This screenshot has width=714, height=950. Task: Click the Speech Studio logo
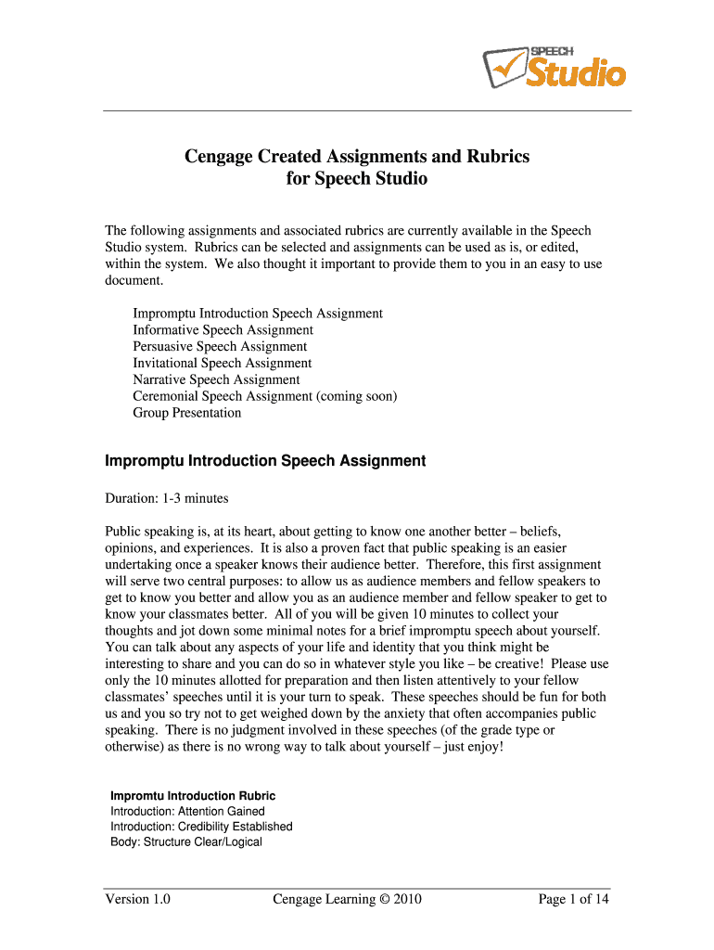pos(554,66)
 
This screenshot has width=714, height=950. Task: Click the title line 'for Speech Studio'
pos(357,178)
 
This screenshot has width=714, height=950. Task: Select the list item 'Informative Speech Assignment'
pos(223,330)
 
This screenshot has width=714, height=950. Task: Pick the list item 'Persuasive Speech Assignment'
pos(220,347)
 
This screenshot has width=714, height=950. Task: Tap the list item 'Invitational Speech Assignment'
pos(222,364)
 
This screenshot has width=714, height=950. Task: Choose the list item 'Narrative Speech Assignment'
pos(216,380)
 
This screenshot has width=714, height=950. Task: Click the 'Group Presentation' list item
pos(186,414)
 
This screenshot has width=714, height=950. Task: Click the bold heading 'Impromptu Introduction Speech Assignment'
pos(265,461)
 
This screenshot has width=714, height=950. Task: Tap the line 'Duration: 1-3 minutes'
pos(166,499)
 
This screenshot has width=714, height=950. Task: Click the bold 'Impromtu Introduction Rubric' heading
pos(193,796)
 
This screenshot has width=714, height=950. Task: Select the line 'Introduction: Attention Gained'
pos(187,812)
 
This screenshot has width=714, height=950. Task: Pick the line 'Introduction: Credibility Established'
pos(201,827)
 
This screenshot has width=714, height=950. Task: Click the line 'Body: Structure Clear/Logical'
pos(185,842)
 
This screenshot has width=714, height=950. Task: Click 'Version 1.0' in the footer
pos(137,899)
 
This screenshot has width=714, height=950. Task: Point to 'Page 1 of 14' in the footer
pos(573,899)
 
